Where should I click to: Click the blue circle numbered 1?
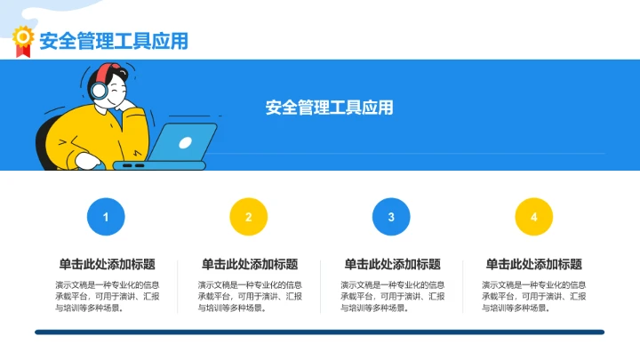click(107, 217)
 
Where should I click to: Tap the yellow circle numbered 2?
click(249, 217)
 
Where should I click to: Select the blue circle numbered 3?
click(391, 217)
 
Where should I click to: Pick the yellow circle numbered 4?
click(533, 217)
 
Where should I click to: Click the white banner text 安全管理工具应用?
click(329, 108)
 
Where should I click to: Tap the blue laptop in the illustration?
click(182, 144)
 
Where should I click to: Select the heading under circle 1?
click(107, 264)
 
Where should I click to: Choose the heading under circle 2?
click(249, 264)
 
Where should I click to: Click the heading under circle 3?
click(391, 264)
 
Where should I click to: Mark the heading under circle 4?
click(533, 264)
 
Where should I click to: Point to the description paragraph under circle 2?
click(249, 296)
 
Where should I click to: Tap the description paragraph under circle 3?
click(391, 296)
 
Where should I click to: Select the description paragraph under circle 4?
click(533, 296)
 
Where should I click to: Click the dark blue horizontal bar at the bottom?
click(320, 332)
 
